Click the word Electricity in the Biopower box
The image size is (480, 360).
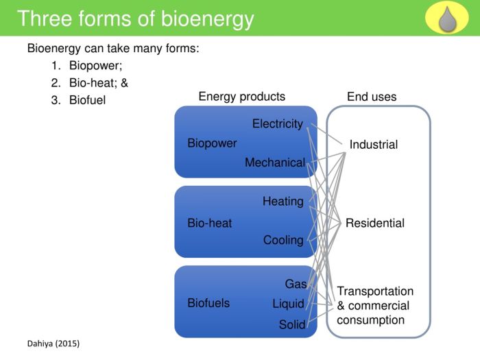point(277,124)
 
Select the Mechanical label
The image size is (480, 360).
point(274,163)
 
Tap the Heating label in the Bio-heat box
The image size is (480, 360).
point(283,202)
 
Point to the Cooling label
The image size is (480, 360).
point(283,240)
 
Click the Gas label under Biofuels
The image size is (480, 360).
point(296,284)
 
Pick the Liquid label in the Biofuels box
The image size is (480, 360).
point(288,304)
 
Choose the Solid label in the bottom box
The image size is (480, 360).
point(291,325)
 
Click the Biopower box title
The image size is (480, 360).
point(212,143)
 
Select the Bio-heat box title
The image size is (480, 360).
point(209,223)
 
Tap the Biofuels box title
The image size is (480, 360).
point(208,302)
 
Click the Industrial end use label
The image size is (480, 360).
point(373,145)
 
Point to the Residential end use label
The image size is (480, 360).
point(374,223)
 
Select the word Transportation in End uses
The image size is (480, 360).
point(375,291)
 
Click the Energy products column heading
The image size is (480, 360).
point(241,97)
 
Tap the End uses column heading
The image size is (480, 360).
point(372,97)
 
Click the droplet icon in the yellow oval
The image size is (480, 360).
point(446,18)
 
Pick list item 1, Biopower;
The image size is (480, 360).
point(95,67)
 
